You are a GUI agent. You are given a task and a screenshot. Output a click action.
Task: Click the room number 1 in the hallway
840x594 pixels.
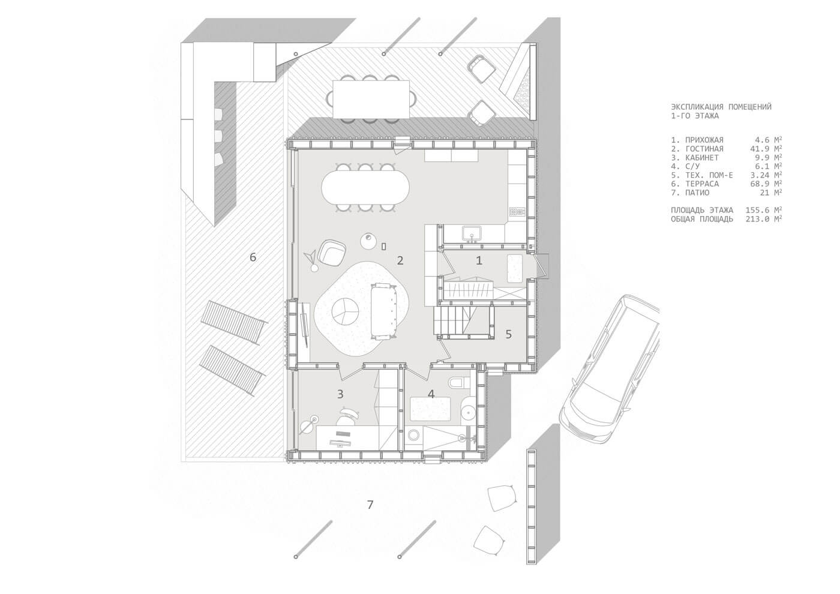pos(479,260)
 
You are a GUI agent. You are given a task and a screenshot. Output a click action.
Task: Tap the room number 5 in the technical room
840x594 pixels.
pos(509,334)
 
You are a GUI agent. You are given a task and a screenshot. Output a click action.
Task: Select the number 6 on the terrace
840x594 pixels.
pos(253,257)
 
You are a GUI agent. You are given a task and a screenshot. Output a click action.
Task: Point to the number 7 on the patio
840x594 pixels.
pos(370,505)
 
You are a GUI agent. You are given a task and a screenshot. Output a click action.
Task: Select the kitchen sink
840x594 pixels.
pos(470,233)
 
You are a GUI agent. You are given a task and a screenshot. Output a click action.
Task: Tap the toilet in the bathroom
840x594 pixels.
pos(457,383)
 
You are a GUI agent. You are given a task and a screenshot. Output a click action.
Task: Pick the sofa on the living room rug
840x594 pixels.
pos(383,311)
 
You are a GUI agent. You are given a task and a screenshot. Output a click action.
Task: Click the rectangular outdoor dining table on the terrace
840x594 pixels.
pos(371,99)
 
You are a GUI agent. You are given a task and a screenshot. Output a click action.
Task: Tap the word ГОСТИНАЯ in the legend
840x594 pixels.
pos(704,149)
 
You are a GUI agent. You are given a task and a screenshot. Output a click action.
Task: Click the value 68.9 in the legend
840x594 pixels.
pos(757,184)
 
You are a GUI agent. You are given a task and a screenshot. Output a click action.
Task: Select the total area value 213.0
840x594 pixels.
pos(757,219)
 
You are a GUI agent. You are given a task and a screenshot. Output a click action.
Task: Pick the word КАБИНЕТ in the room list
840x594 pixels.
pos(702,157)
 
